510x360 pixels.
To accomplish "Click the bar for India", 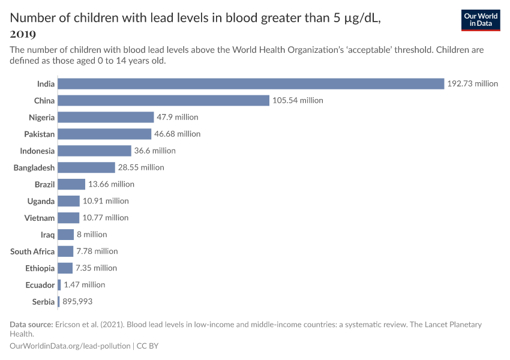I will pos(251,83).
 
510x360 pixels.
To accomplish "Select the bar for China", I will pos(163,100).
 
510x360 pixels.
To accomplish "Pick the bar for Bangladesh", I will pos(86,167).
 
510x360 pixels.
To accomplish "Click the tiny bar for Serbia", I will pos(59,302).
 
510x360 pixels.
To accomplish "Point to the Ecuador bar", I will pos(59,285).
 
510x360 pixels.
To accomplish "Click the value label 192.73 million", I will pos(472,83).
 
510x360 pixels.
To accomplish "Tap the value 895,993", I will pos(77,302).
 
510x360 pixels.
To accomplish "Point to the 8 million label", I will pos(92,235).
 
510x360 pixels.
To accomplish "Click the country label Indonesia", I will pos(37,151).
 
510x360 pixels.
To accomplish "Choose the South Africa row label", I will pos(32,251).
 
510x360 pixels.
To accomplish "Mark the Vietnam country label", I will pos(40,218).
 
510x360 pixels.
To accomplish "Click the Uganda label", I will pos(41,201).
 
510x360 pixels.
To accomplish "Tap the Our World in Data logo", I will pos(480,20).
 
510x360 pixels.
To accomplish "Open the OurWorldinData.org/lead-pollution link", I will pos(70,346).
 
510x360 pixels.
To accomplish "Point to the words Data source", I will pos(31,325).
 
